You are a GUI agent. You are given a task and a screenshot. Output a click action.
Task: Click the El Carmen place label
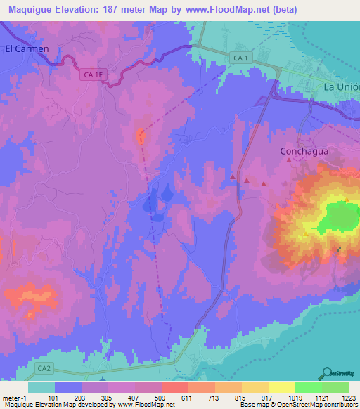point(27,49)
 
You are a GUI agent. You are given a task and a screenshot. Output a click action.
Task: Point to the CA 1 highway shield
point(241,57)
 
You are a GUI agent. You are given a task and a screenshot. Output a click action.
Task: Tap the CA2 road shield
point(45,368)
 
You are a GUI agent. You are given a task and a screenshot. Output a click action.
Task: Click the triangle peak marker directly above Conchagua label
point(288,161)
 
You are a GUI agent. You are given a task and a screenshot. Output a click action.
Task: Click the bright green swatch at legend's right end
point(335,387)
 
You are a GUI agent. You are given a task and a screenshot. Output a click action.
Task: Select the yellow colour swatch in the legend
point(281,387)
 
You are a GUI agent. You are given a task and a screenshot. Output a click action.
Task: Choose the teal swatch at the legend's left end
point(41,387)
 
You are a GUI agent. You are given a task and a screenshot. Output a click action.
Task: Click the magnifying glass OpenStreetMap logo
point(328,372)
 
